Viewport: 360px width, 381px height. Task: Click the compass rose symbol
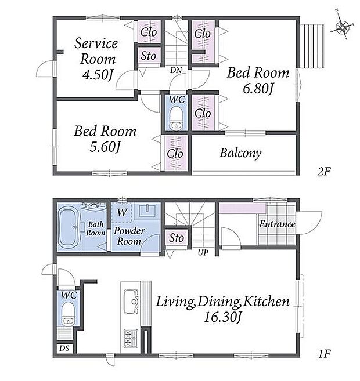pos(342,27)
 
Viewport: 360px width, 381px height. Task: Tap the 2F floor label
pos(324,172)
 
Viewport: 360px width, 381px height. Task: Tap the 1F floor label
pos(324,354)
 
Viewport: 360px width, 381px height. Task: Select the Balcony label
pos(240,153)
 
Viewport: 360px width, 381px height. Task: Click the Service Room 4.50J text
pos(98,59)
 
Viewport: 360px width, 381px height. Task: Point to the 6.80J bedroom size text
pos(258,89)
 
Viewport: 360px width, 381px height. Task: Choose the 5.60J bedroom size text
pos(105,147)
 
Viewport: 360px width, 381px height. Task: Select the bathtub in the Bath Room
pos(69,227)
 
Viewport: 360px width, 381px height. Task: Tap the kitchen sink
pos(131,302)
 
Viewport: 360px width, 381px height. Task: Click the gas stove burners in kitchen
pos(131,338)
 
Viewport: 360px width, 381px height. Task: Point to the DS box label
pos(64,349)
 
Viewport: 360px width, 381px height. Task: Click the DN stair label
pos(175,71)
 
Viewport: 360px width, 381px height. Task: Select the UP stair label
pos(203,252)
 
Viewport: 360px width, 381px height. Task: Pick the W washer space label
pos(122,213)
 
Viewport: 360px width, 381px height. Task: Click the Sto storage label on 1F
pos(177,238)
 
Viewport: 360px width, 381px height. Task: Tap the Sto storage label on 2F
pos(149,56)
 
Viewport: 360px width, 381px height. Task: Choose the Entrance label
pos(277,224)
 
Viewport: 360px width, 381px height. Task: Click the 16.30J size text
pos(223,317)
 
